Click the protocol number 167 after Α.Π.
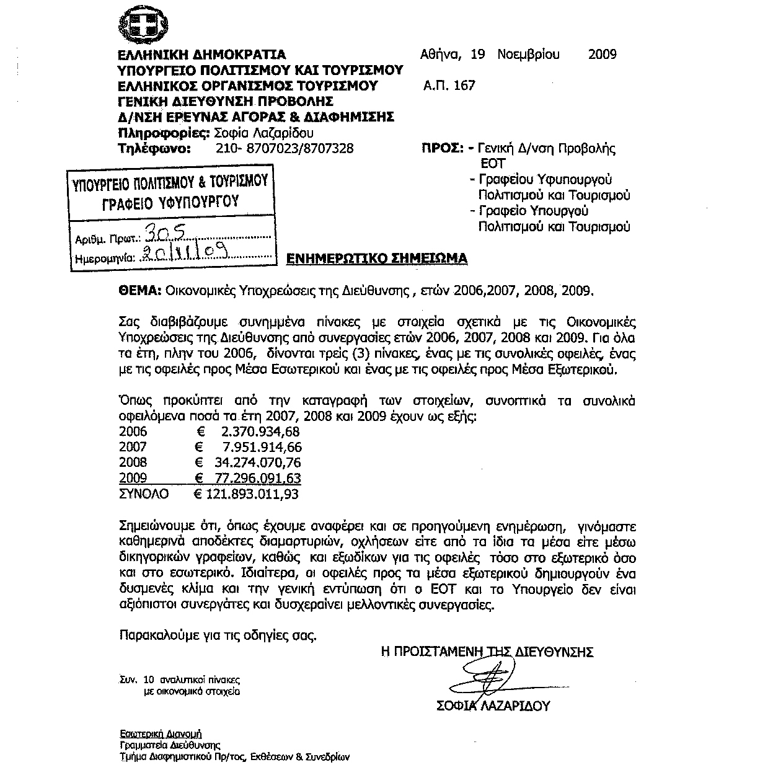click(x=464, y=86)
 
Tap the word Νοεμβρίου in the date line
click(x=528, y=55)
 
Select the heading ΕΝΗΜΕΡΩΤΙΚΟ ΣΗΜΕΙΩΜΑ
click(x=376, y=259)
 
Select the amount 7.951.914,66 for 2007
click(x=261, y=447)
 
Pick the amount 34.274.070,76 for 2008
click(x=255, y=462)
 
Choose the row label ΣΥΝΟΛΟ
click(x=143, y=494)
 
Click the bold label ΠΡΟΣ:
click(x=443, y=149)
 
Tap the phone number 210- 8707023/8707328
click(x=285, y=149)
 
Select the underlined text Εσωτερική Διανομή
click(x=161, y=733)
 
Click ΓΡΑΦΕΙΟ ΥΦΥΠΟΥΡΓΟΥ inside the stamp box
click(x=170, y=202)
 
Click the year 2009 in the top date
click(x=602, y=55)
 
